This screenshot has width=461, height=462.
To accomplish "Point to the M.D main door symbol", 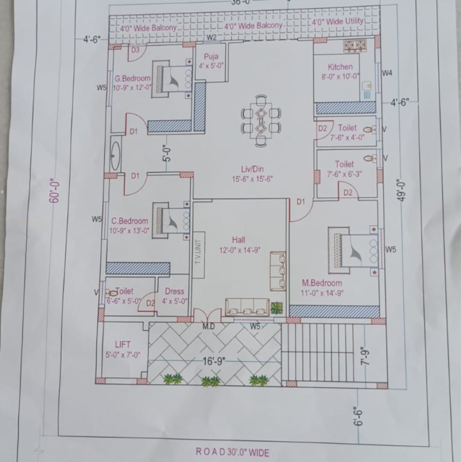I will click(x=207, y=315).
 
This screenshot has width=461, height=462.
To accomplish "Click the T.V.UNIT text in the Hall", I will click(x=197, y=248).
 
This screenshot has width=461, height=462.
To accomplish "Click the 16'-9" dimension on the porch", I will click(x=214, y=361).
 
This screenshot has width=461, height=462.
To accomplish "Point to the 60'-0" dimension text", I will click(x=55, y=190).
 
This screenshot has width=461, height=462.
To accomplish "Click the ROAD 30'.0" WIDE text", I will click(x=232, y=452).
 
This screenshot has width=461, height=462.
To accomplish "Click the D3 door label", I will click(x=135, y=50).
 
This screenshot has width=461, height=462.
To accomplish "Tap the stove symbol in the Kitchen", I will click(x=354, y=46).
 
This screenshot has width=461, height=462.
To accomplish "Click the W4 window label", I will click(x=387, y=73).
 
